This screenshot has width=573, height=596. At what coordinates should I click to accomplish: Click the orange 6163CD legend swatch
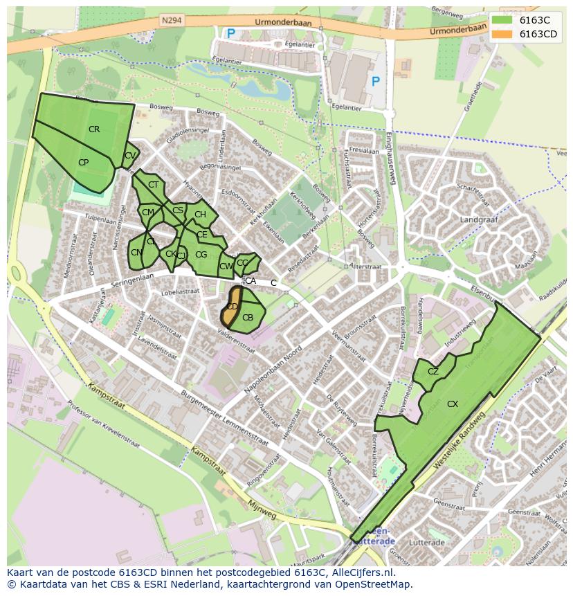(503, 34)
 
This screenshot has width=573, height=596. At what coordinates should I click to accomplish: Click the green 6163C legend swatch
(503, 20)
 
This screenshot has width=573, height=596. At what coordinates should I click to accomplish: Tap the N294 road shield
(172, 21)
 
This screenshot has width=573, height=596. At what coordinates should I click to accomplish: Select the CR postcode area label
(94, 129)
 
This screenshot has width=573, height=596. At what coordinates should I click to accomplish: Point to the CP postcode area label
(83, 163)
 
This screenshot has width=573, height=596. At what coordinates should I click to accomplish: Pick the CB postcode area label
(248, 318)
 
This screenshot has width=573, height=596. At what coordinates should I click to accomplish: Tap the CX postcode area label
(453, 404)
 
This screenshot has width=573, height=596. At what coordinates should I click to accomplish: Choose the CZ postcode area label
(433, 372)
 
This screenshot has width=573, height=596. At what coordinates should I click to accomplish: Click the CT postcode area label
(154, 185)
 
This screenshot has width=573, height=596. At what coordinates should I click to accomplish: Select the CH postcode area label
(200, 215)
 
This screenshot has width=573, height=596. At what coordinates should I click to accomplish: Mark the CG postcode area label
(201, 255)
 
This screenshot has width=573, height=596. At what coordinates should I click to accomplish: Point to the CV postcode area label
(129, 156)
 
